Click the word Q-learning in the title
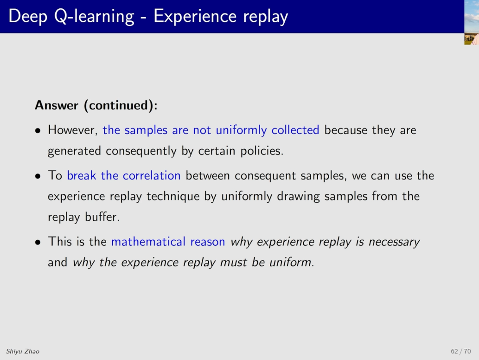(94, 17)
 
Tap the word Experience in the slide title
(195, 17)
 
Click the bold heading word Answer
(57, 105)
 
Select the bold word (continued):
(121, 105)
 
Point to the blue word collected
(295, 130)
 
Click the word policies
(262, 151)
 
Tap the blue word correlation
(152, 175)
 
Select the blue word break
(82, 175)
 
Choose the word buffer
(102, 217)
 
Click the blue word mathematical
(148, 241)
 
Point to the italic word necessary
(394, 242)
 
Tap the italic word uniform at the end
(291, 262)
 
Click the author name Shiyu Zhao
(23, 352)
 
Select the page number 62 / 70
(460, 352)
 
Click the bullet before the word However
(38, 131)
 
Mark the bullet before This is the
(38, 243)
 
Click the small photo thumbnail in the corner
(472, 22)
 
